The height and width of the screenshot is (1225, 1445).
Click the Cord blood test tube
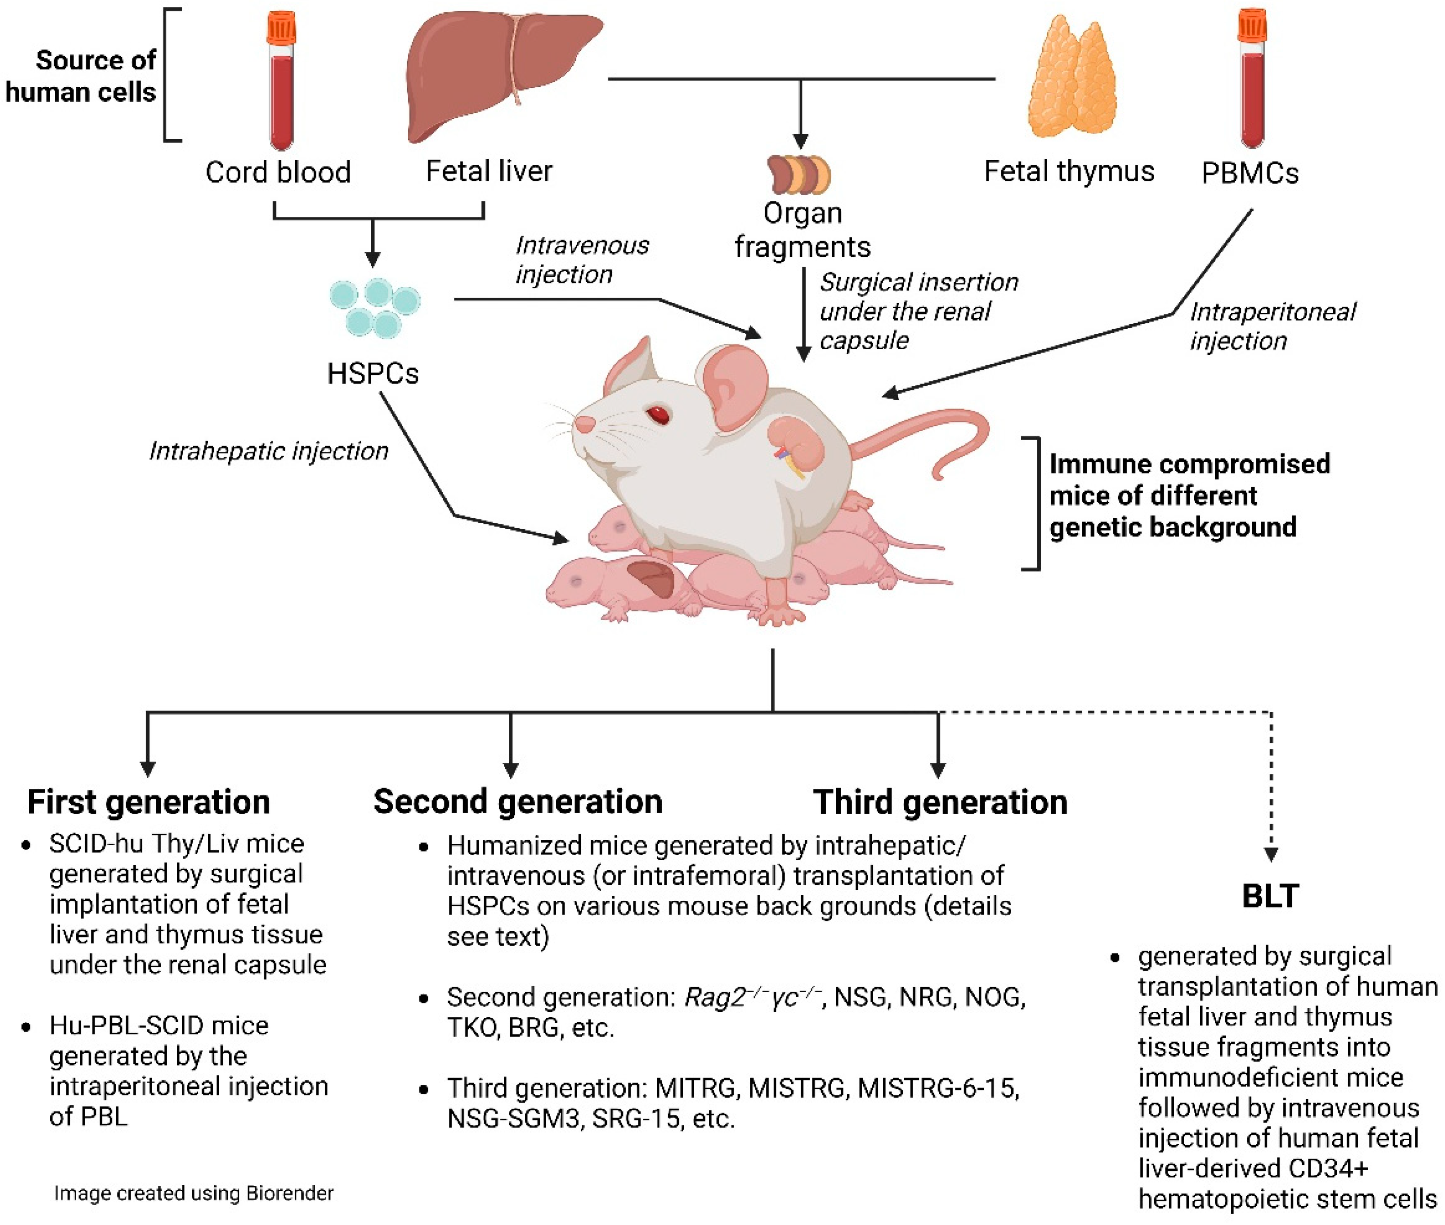coord(281,84)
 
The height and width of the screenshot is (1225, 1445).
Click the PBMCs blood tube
coord(1252,80)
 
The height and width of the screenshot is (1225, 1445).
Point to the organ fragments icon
coord(799,173)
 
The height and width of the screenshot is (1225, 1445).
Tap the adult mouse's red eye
coord(658,415)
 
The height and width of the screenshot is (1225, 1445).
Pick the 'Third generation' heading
coord(940,802)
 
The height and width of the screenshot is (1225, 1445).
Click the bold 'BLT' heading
coord(1270,896)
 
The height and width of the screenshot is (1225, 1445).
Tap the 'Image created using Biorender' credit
coord(194,1193)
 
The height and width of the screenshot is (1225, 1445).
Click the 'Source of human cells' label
coord(81,76)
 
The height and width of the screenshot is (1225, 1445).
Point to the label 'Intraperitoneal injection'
coord(1271,326)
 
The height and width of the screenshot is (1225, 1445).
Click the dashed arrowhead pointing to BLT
coord(1271,854)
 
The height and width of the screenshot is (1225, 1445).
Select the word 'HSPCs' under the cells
coord(373,373)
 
